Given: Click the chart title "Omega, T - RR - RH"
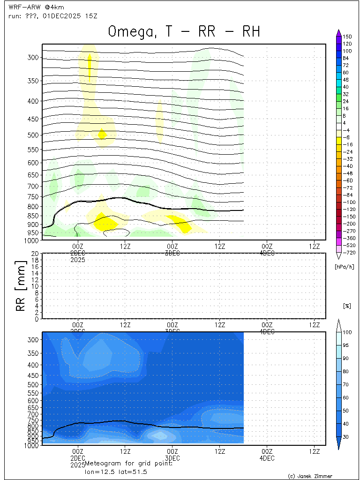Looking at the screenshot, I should [x=184, y=31].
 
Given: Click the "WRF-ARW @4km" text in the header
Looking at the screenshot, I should [x=30, y=7].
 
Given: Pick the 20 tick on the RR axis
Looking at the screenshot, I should [x=35, y=254].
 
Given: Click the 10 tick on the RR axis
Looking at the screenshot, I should [x=35, y=286].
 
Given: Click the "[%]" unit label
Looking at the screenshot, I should [x=347, y=306].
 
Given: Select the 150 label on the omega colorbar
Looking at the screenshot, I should [x=347, y=37].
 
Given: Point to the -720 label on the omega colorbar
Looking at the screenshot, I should [x=347, y=253].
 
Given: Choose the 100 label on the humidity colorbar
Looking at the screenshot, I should [x=347, y=332].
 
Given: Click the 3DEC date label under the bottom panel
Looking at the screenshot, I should [x=172, y=457].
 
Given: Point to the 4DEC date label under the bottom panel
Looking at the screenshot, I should [x=267, y=457].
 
